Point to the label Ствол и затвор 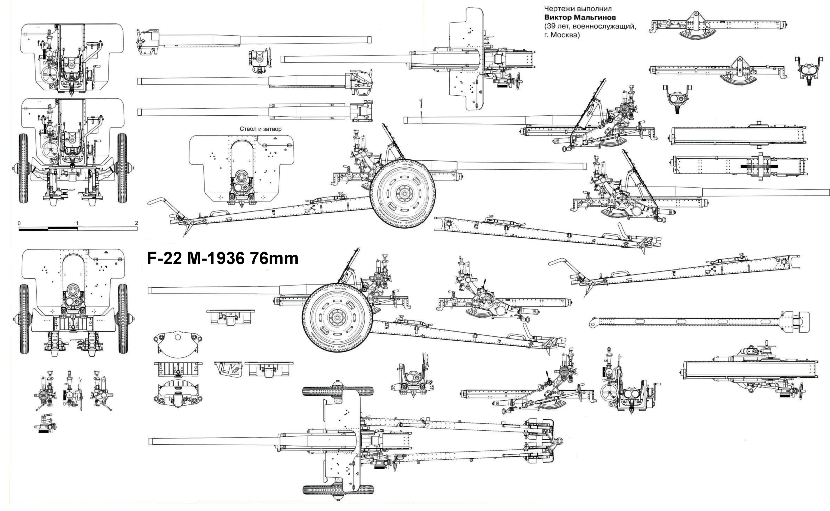pos(260,129)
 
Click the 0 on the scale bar pos(19,223)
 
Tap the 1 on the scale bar pos(77,223)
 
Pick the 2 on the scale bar pos(136,223)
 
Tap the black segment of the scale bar pos(34,229)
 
